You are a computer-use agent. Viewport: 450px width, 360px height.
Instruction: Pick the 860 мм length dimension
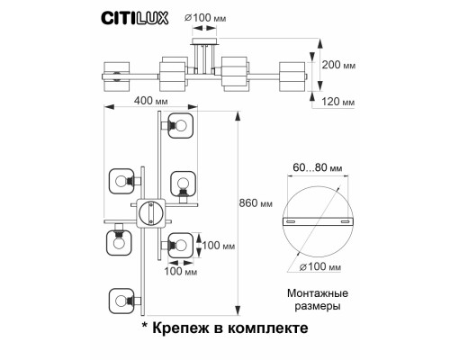pos(258,203)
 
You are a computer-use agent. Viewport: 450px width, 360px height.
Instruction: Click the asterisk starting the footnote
pos(147,328)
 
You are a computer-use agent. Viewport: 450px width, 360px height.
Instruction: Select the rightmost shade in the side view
pos(293,75)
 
